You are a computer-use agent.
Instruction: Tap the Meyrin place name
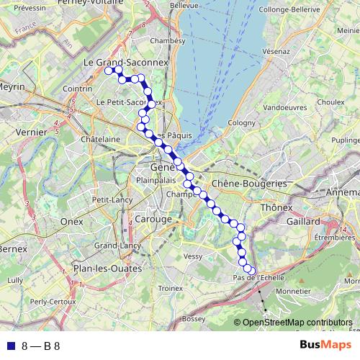point(12,86)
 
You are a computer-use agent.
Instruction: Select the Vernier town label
point(19,132)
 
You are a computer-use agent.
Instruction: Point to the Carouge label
point(153,219)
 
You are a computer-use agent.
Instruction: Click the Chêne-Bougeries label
point(248,184)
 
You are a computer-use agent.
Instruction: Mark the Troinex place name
point(171,287)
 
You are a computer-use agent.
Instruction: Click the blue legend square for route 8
point(10,346)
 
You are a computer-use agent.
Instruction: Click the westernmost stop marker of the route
point(109,71)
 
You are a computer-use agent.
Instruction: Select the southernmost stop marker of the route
point(251,271)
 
